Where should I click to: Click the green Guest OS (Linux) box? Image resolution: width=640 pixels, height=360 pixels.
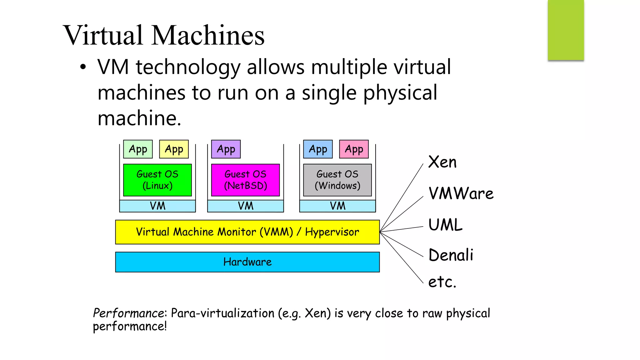[157, 180]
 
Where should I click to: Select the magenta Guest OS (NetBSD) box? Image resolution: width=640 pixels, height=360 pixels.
[245, 180]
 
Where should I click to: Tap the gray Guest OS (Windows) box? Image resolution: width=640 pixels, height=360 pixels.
[337, 180]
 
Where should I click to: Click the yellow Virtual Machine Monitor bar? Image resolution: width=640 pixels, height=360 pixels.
[247, 232]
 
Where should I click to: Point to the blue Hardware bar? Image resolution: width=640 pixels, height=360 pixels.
[247, 262]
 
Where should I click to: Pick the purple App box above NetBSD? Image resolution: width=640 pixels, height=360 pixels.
[226, 149]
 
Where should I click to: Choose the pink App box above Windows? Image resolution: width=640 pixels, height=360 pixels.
[354, 149]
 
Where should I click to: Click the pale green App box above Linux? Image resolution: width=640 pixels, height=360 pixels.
[138, 149]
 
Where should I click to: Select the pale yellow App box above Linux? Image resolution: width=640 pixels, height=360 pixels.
[174, 149]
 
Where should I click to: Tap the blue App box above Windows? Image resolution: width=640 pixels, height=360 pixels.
[318, 149]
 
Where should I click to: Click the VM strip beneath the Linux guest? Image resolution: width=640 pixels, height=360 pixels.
[157, 206]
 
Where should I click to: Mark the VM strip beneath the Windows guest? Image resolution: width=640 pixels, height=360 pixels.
[337, 206]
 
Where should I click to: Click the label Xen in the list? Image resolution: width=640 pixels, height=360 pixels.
[442, 162]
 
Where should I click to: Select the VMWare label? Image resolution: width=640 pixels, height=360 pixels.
[461, 193]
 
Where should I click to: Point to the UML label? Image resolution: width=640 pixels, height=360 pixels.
[445, 225]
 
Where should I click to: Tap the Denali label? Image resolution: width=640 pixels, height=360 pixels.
[451, 255]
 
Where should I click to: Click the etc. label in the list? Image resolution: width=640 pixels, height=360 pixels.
[442, 282]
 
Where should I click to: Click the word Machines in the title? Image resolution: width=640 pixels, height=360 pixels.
[208, 35]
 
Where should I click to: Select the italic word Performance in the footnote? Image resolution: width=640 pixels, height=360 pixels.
[128, 313]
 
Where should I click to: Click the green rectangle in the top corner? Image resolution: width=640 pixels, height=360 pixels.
[566, 30]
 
